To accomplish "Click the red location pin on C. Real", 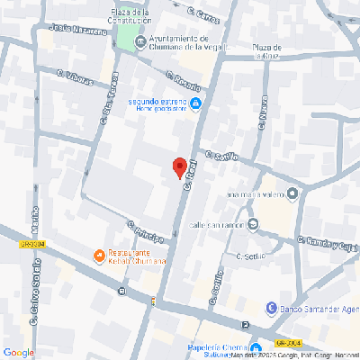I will coord(179,166).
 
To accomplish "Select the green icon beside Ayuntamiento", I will coord(139,40).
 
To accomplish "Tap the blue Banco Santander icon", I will coord(272,307).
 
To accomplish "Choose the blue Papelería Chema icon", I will coord(256,348).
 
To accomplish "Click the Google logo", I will coord(19,352).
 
